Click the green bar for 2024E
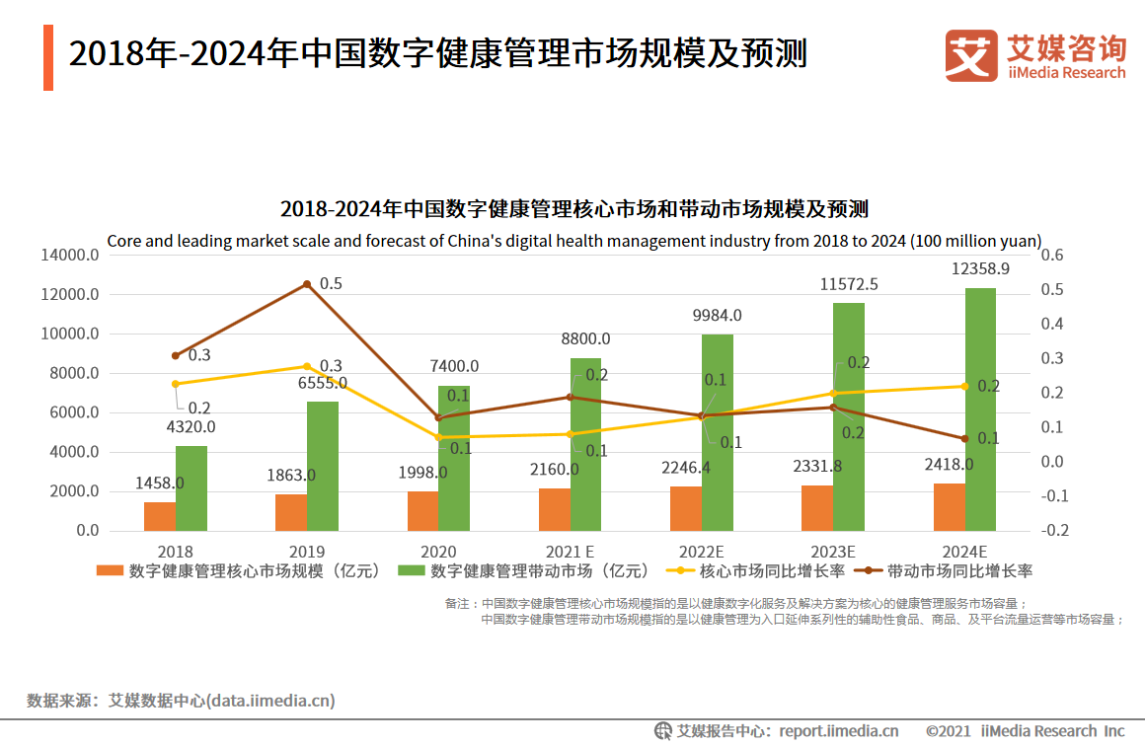(x=980, y=410)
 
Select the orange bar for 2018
(x=160, y=516)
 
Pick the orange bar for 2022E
(x=686, y=508)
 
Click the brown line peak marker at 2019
(x=307, y=284)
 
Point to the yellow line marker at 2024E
(x=964, y=386)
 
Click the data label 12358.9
(x=980, y=268)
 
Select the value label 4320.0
(x=191, y=427)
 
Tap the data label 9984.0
(x=717, y=316)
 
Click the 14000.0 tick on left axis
(x=70, y=256)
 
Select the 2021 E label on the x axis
(x=570, y=552)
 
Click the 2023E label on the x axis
(x=832, y=552)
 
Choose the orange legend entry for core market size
(x=238, y=571)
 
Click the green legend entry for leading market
(x=524, y=571)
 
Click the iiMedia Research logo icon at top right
(x=971, y=55)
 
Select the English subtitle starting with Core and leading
(x=573, y=241)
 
